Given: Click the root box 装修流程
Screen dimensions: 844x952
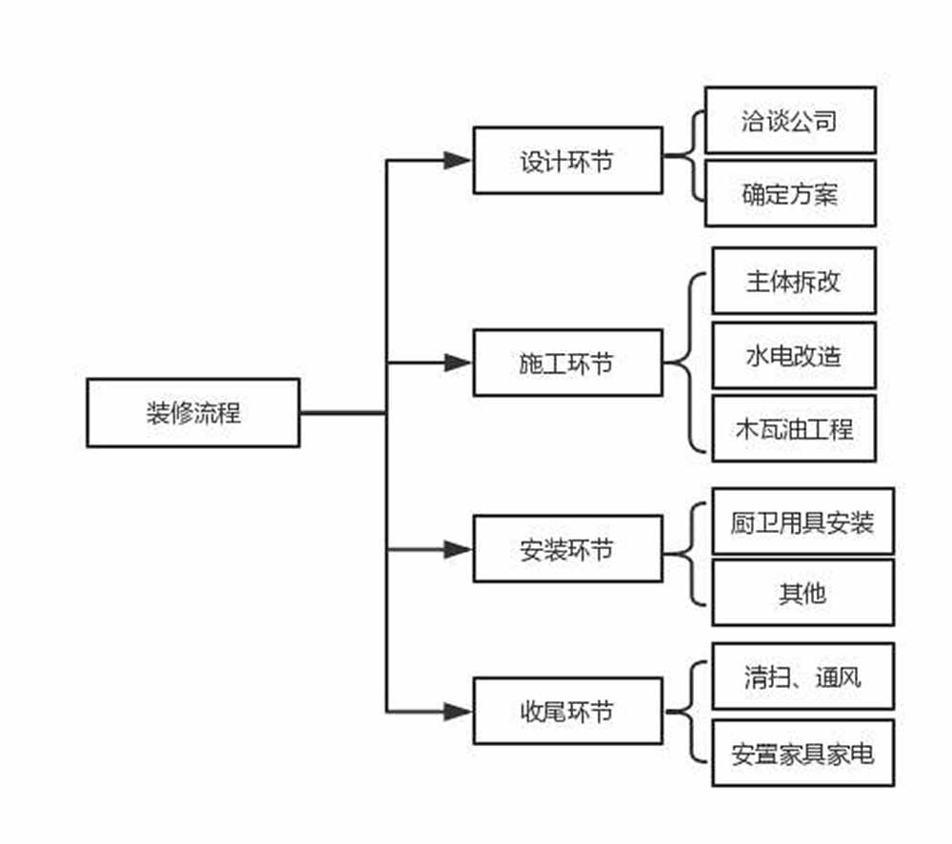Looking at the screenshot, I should (193, 413).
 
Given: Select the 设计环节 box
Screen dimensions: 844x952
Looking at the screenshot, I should (567, 161).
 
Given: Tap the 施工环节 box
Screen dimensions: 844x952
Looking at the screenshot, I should (567, 363).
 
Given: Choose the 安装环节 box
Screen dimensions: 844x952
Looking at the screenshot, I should (567, 549).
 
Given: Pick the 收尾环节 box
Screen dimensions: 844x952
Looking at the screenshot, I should (567, 711).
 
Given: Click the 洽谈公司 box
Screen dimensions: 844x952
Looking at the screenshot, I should (790, 121).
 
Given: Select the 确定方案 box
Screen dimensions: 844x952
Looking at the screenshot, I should (790, 194).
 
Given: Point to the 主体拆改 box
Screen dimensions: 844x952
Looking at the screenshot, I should (794, 281).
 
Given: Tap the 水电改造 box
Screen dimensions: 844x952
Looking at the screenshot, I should (794, 355).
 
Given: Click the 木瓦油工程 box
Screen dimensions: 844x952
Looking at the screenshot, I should (794, 428).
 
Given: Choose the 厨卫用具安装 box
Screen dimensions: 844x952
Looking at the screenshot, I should (803, 521).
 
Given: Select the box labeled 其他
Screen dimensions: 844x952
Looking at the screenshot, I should (803, 593).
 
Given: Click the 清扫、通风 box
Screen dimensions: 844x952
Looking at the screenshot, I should (803, 677).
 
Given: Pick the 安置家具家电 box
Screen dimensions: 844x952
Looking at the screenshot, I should (803, 754).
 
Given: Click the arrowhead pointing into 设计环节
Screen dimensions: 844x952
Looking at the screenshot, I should (458, 161).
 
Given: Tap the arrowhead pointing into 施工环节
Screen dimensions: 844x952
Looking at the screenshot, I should (458, 363).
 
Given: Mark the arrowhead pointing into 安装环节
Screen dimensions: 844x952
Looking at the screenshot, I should (458, 549).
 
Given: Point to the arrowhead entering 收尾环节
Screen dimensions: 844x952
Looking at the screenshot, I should (458, 711).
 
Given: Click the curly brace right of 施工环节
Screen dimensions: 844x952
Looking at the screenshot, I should (689, 363).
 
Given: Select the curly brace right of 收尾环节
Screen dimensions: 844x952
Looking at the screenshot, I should (693, 711).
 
